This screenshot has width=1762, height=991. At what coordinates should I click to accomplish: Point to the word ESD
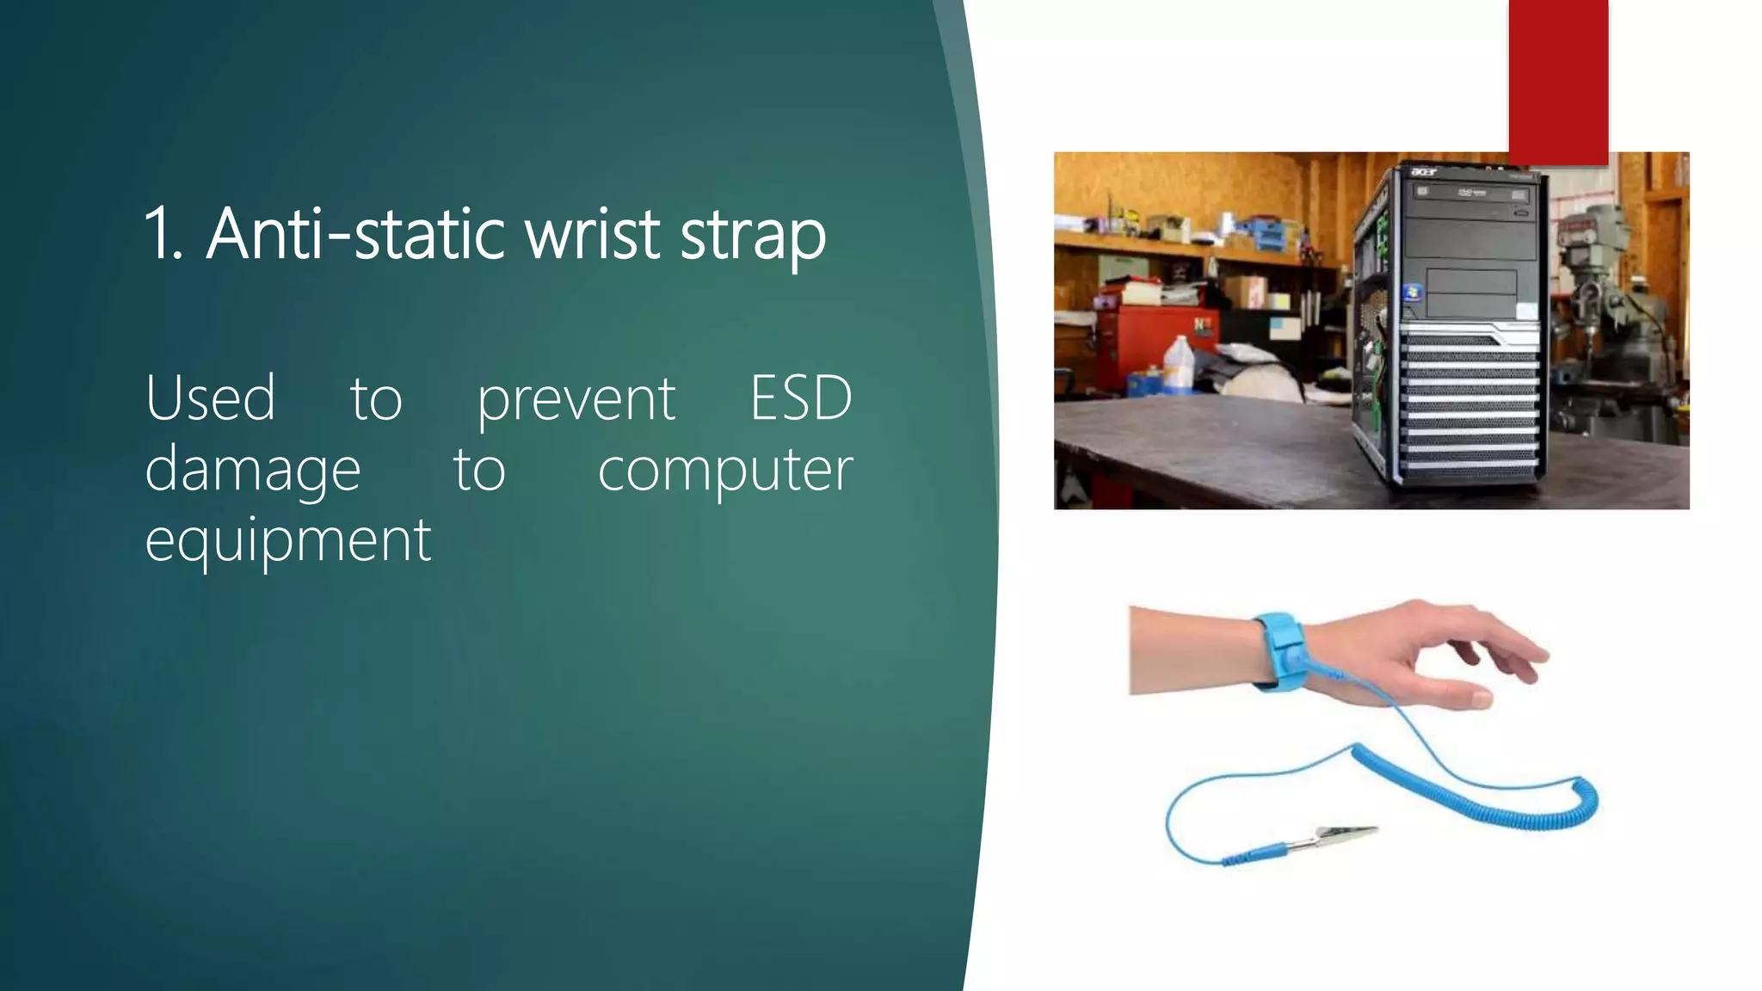(800, 399)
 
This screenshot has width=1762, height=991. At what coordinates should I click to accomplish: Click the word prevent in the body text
(576, 401)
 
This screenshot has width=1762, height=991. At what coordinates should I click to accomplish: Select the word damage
(252, 471)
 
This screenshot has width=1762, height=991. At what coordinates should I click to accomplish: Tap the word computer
(724, 471)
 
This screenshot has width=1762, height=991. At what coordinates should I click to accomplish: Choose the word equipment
(287, 542)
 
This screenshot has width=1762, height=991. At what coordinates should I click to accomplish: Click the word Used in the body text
(210, 399)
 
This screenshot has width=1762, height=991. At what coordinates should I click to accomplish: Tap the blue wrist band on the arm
(1279, 649)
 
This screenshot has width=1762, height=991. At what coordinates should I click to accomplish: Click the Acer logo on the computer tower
(1424, 173)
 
